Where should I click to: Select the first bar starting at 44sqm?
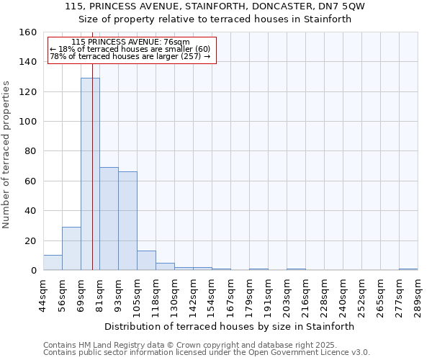[53, 263]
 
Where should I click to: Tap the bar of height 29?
[71, 248]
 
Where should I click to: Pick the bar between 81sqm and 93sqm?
[109, 219]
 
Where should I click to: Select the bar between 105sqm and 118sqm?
[146, 261]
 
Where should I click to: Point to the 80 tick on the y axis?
[30, 152]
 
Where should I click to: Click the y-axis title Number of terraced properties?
[7, 154]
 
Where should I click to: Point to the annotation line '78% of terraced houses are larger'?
[130, 56]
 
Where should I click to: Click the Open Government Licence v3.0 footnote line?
[206, 353]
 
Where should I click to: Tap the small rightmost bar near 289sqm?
[408, 269]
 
